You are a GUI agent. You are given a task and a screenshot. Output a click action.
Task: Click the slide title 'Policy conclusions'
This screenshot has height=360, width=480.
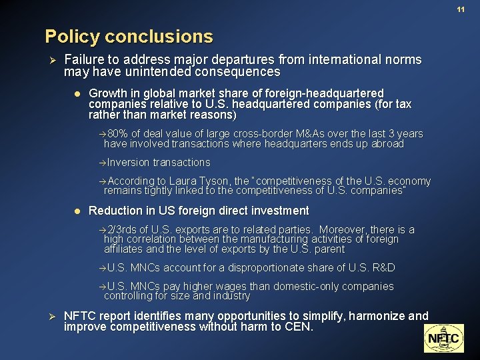point(129,36)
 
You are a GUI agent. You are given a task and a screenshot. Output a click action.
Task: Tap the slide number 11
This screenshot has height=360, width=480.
point(461,9)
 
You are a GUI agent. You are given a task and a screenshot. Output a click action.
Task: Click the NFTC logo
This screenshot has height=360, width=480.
point(443,338)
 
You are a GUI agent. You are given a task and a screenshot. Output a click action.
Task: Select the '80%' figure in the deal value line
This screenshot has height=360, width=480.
point(118,134)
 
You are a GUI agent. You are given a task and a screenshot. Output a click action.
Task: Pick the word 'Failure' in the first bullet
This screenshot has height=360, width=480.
point(84,59)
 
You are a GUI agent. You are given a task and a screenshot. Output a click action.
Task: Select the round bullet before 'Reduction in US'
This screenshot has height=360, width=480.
point(77,211)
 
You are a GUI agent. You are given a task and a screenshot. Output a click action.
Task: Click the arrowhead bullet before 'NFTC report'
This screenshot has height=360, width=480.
point(53,316)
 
